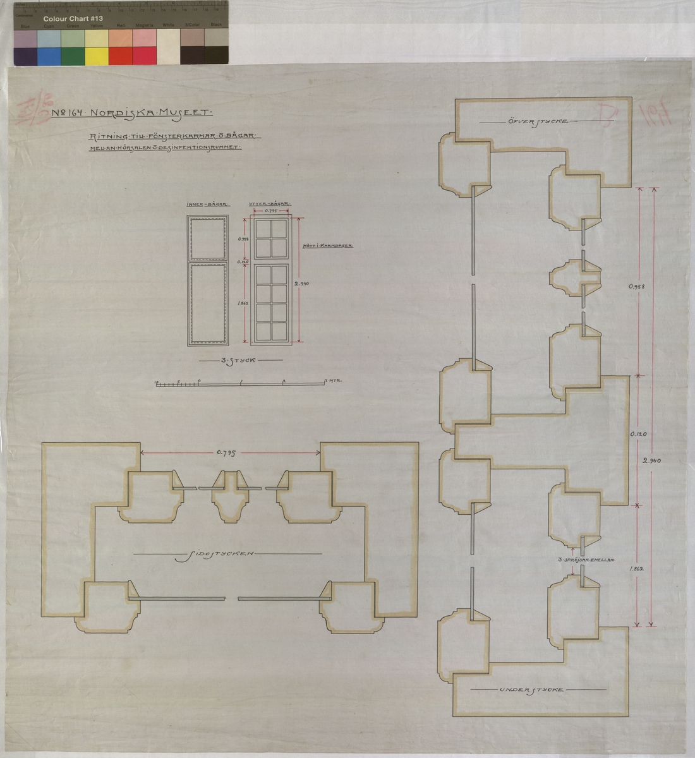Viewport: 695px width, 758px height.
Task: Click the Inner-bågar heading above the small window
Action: [208, 205]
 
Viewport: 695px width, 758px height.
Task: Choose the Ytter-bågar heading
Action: [270, 205]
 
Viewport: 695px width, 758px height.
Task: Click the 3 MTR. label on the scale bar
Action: [332, 382]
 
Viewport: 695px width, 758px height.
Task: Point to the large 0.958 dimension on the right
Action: [638, 286]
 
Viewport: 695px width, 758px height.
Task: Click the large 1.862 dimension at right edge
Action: [638, 568]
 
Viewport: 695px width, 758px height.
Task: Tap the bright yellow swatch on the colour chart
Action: [97, 56]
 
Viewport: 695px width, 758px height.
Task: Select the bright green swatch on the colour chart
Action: [73, 56]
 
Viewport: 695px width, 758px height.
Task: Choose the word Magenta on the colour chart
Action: [145, 26]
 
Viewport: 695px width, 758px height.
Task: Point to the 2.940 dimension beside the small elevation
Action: [303, 284]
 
